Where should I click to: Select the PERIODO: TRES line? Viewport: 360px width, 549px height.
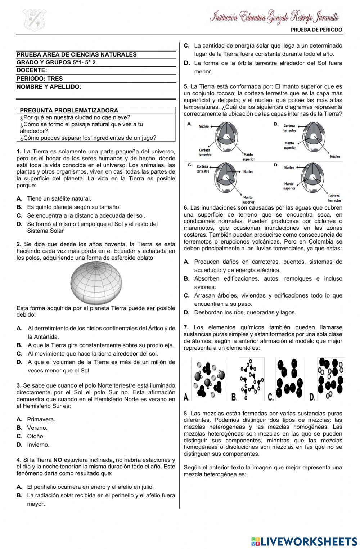[x=40, y=79]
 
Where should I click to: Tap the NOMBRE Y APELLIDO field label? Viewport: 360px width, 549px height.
[x=49, y=87]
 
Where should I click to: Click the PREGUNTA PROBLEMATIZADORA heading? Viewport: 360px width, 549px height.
[x=69, y=111]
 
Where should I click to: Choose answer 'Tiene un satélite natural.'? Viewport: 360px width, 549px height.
[x=59, y=198]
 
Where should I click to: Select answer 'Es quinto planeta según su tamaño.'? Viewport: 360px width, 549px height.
[x=73, y=207]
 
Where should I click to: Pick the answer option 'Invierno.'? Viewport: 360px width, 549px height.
[x=38, y=445]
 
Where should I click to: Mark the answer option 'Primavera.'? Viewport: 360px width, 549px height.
[x=41, y=419]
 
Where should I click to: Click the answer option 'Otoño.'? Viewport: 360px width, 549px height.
[x=36, y=436]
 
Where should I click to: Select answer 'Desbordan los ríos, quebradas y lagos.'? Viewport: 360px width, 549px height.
[x=245, y=312]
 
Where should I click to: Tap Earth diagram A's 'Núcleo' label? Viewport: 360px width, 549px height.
[x=204, y=126]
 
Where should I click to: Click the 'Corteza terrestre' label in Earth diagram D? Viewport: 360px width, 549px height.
[x=334, y=198]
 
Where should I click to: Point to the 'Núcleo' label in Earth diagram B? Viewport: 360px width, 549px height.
[x=335, y=157]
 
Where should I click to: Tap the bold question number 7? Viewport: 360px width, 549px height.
[x=186, y=327]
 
